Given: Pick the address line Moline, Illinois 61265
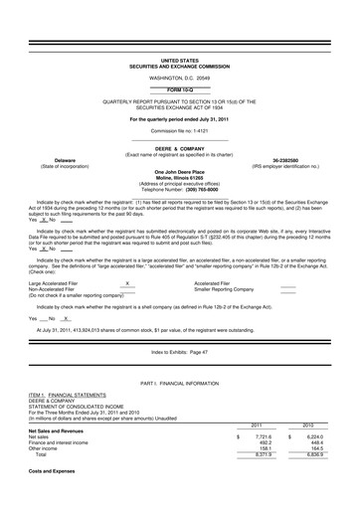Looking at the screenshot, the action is tap(179, 176).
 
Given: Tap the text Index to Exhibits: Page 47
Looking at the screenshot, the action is tap(179, 353).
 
